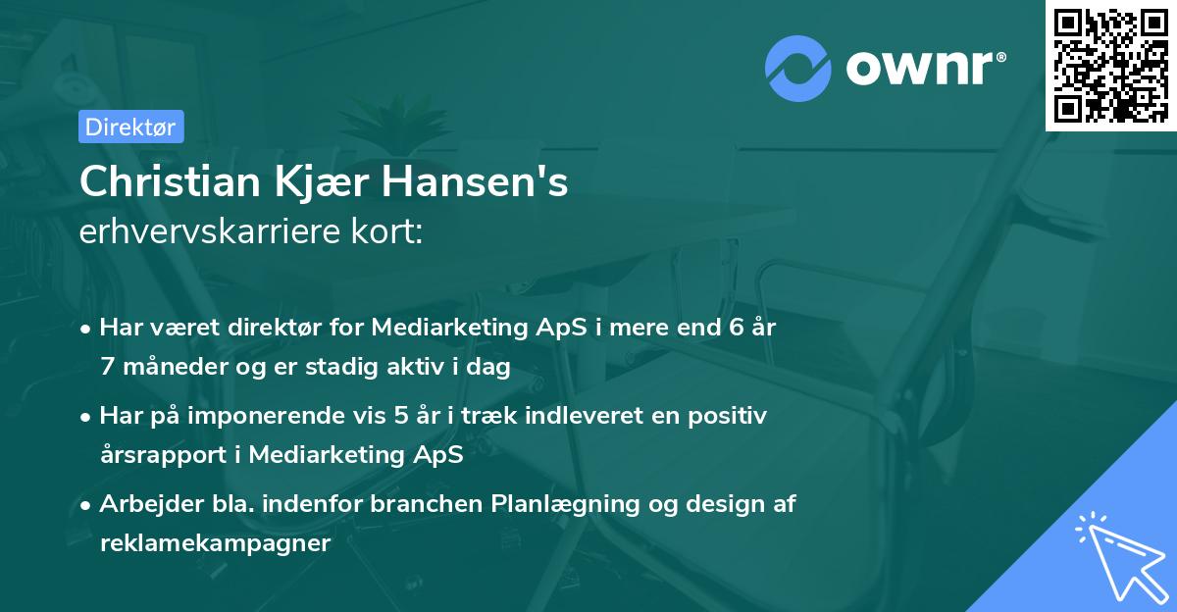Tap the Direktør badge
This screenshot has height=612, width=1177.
click(130, 127)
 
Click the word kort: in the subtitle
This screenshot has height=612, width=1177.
click(389, 233)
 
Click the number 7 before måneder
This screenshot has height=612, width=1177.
click(106, 367)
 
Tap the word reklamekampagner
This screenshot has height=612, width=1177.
click(215, 543)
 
